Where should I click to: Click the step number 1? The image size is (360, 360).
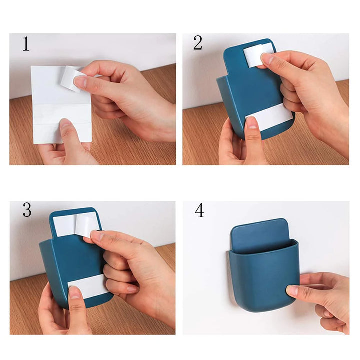point(26,45)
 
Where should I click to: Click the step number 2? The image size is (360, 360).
point(198,44)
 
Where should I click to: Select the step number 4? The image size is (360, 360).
point(199,211)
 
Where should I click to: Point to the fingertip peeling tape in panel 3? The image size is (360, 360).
point(95,235)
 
